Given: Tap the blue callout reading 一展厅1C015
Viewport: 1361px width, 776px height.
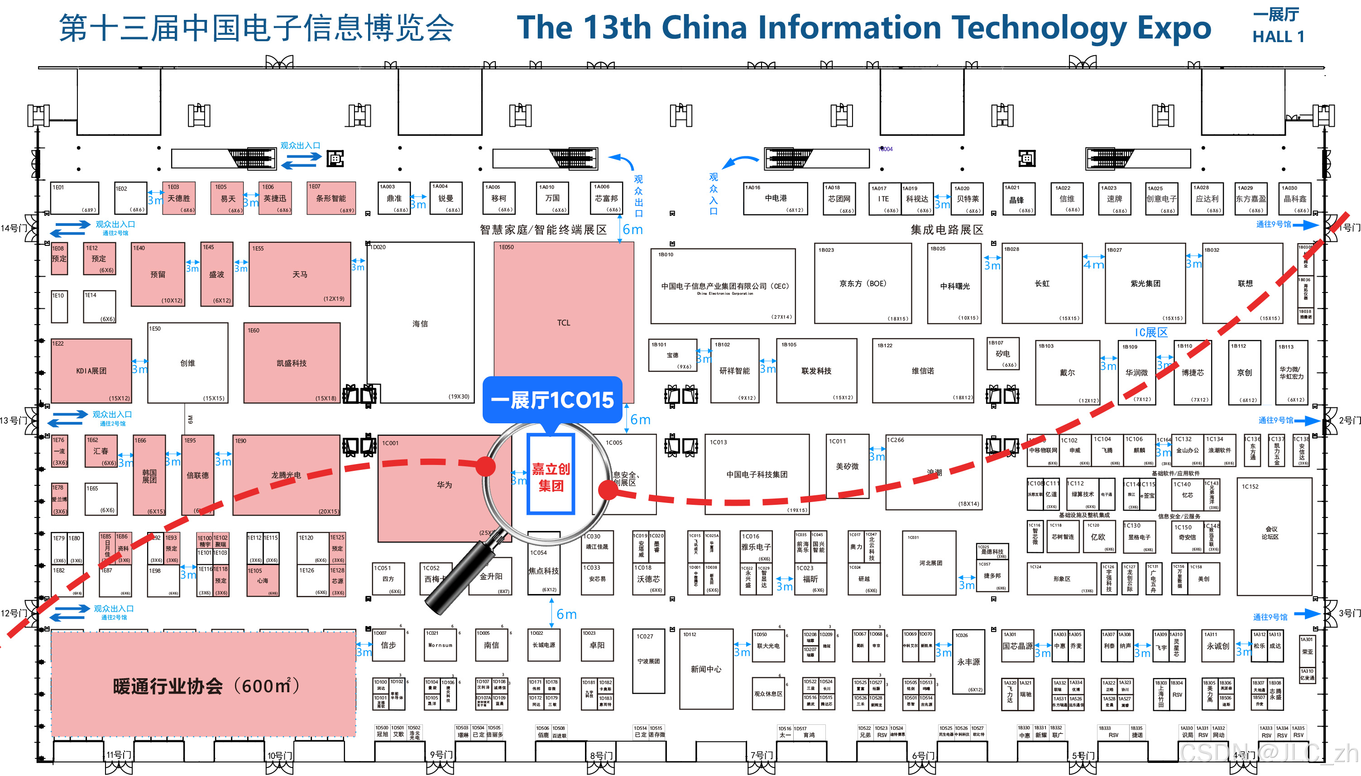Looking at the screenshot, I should click(552, 400).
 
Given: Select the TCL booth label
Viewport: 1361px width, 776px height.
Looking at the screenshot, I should click(563, 323).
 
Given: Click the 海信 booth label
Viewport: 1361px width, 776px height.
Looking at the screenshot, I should click(420, 324).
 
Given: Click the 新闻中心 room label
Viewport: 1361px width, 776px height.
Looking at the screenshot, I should click(705, 669).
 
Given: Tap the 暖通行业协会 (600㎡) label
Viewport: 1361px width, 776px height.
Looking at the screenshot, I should click(205, 686).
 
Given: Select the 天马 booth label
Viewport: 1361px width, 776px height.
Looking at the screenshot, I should click(299, 274).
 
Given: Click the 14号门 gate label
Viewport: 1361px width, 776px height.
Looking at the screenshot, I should click(13, 228).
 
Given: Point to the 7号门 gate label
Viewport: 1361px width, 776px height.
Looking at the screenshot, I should click(762, 755).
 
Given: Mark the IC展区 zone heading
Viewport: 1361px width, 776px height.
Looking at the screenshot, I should click(1150, 333).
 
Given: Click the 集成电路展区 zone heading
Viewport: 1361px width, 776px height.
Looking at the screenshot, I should click(946, 230).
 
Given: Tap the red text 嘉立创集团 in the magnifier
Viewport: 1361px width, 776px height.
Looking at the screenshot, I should click(551, 477).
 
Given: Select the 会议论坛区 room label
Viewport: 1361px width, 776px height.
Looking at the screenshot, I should click(1270, 532).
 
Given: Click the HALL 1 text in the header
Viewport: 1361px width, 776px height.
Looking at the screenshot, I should click(1277, 37).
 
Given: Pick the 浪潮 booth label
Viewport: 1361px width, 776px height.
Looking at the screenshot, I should click(934, 472).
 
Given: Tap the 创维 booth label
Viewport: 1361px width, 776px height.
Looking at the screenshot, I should click(187, 363).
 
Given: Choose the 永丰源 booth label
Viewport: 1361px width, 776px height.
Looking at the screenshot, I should click(968, 661).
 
